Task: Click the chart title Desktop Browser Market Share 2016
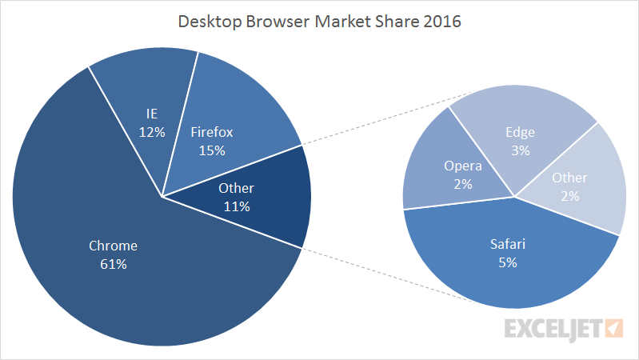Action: click(319, 22)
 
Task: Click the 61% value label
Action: click(113, 264)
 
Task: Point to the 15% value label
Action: click(212, 150)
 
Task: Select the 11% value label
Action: click(237, 206)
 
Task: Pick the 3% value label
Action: click(520, 150)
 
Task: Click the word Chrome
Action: click(113, 246)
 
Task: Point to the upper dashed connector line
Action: click(376, 119)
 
